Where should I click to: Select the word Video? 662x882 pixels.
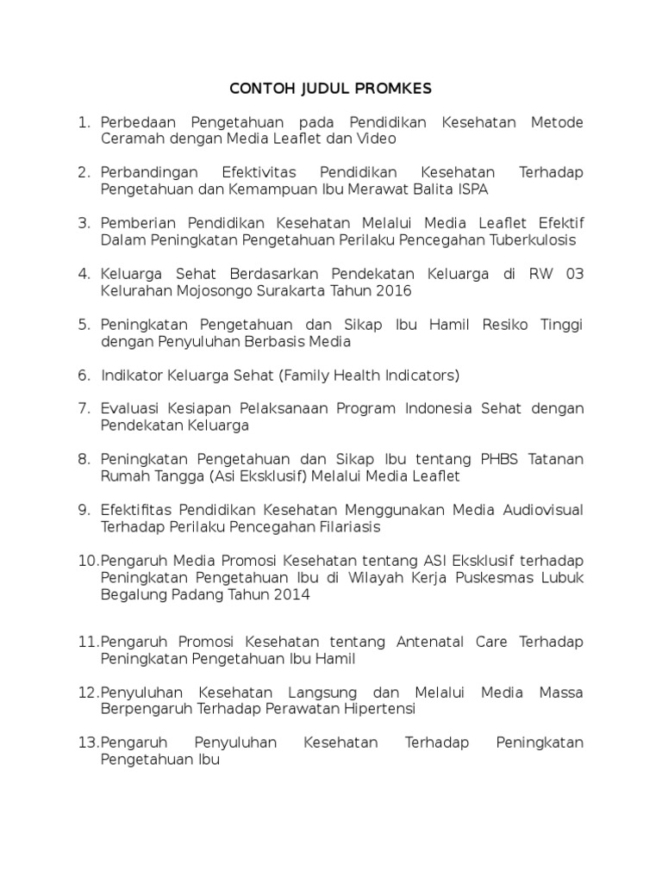tap(378, 138)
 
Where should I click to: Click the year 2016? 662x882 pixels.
tap(391, 290)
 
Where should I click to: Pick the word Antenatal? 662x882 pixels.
tap(427, 642)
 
